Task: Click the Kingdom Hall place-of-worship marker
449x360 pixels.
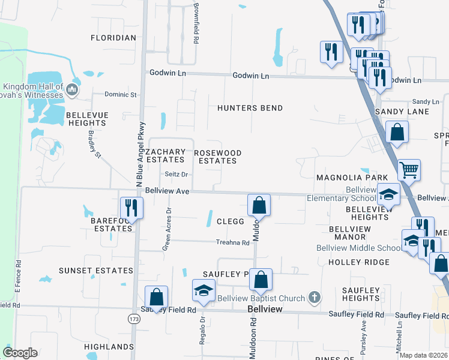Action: (x=73, y=91)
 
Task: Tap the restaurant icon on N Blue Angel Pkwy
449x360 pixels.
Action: (x=128, y=208)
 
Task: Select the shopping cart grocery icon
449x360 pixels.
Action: (x=409, y=170)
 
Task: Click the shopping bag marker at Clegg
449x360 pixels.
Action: (x=259, y=205)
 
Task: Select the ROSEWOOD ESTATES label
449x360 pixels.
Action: (x=217, y=157)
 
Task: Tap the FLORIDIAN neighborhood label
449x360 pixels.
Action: (x=113, y=38)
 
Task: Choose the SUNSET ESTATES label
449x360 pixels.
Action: (x=95, y=271)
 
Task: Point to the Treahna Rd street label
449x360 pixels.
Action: (x=233, y=242)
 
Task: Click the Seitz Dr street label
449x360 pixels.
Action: (x=176, y=175)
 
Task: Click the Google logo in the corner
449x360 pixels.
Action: (x=20, y=353)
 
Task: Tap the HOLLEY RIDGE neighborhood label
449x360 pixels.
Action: (x=359, y=262)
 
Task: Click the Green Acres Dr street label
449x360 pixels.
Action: (x=167, y=229)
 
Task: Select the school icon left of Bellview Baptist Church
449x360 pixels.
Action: (x=203, y=291)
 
